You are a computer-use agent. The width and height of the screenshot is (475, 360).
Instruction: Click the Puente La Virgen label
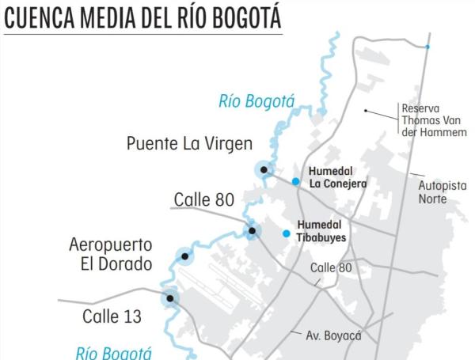point(189,144)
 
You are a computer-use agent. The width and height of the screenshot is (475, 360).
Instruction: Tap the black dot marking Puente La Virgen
point(264,169)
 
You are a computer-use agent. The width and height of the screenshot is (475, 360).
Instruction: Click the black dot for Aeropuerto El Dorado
point(185,256)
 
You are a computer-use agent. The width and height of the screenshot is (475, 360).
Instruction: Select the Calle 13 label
point(112,316)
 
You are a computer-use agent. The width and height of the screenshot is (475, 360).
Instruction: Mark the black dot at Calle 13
point(169,298)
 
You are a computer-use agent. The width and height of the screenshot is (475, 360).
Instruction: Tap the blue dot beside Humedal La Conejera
point(295,182)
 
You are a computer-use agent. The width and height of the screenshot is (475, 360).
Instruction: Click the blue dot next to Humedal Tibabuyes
point(287,233)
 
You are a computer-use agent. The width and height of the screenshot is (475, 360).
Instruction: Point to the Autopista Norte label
point(443,191)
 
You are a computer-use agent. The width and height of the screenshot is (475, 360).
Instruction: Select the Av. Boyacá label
point(333,335)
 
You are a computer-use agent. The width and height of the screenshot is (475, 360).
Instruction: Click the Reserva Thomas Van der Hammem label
point(434,119)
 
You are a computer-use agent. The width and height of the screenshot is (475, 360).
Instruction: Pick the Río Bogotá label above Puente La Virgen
point(256,100)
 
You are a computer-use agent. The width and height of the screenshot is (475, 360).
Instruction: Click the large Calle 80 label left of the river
point(204,200)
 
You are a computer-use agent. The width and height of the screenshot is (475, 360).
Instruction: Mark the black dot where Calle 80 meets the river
point(252,231)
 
